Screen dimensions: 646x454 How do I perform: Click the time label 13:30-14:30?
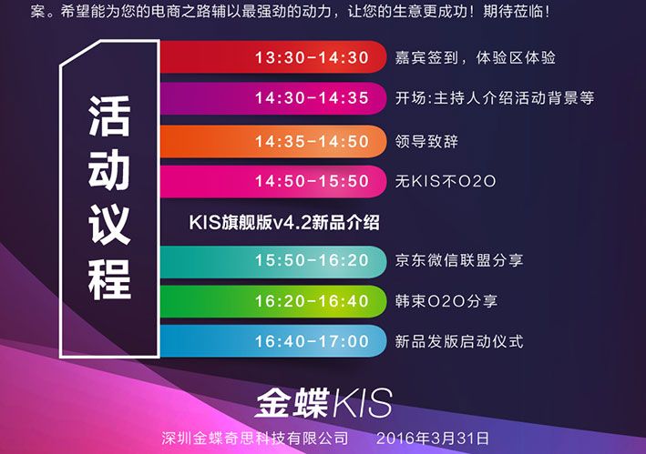point(312,57)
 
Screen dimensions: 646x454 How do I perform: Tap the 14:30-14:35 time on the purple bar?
point(312,98)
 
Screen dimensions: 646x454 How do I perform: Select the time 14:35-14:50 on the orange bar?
point(312,141)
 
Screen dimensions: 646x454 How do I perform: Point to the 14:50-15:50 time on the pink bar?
point(312,181)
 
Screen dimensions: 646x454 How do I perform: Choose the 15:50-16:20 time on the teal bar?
point(312,260)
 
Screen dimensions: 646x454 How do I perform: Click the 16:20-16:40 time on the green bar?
point(312,301)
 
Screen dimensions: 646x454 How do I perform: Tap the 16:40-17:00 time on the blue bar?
point(312,341)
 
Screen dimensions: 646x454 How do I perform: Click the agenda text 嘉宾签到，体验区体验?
point(475,57)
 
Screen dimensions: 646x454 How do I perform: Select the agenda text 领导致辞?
point(426,141)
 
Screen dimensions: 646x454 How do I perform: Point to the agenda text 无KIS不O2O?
point(445,181)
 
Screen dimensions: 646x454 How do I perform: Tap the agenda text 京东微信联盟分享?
point(459,260)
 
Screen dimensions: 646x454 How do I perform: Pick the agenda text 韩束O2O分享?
point(446,301)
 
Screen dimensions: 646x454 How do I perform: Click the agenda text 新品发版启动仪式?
point(459,341)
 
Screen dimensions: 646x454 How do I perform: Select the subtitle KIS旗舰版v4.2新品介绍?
point(284,223)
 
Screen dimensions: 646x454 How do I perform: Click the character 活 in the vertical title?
point(109,116)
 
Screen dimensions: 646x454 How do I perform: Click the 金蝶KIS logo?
point(323,403)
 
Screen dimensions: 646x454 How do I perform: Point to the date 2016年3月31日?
point(433,439)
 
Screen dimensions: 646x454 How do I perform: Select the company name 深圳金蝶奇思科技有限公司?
point(254,439)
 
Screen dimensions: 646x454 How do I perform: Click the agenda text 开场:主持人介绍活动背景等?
point(495,98)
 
